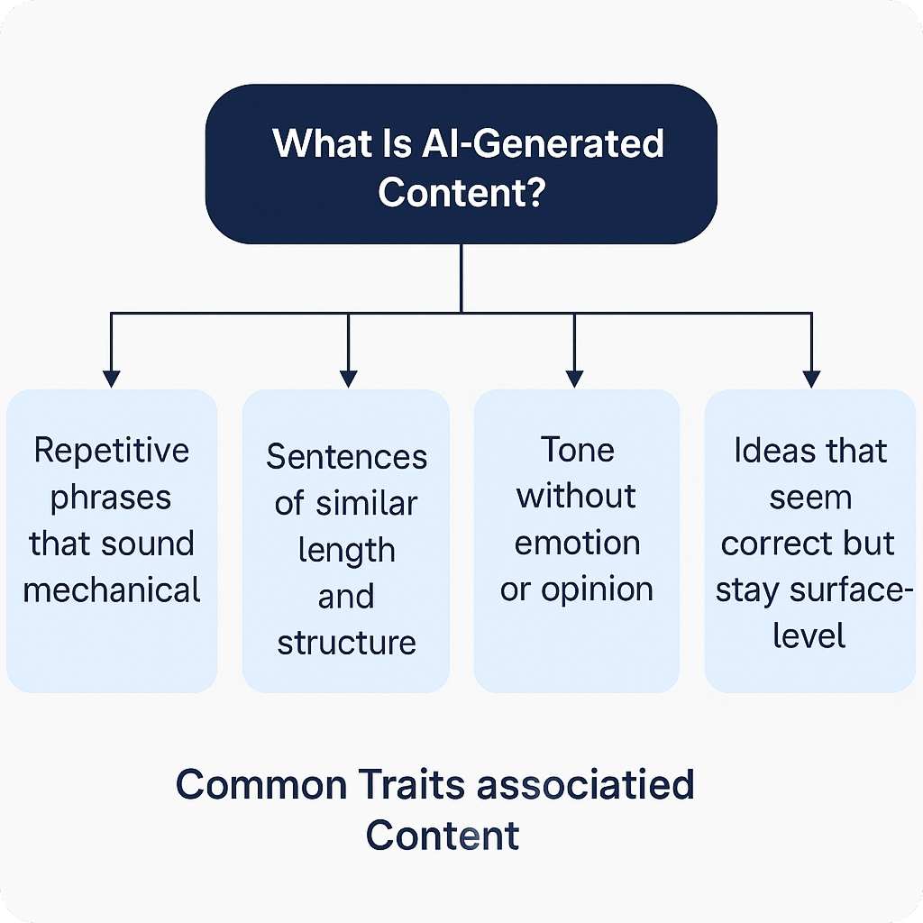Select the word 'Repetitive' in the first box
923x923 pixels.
point(112,450)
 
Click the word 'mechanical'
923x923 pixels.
point(112,590)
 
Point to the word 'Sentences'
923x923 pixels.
point(346,457)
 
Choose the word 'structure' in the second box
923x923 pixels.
point(346,643)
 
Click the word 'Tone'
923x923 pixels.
point(577,449)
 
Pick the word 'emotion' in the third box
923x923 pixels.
point(577,544)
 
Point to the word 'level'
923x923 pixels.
point(809,636)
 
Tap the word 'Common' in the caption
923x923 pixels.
point(260,784)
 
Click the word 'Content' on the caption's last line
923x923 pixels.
point(443,836)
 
